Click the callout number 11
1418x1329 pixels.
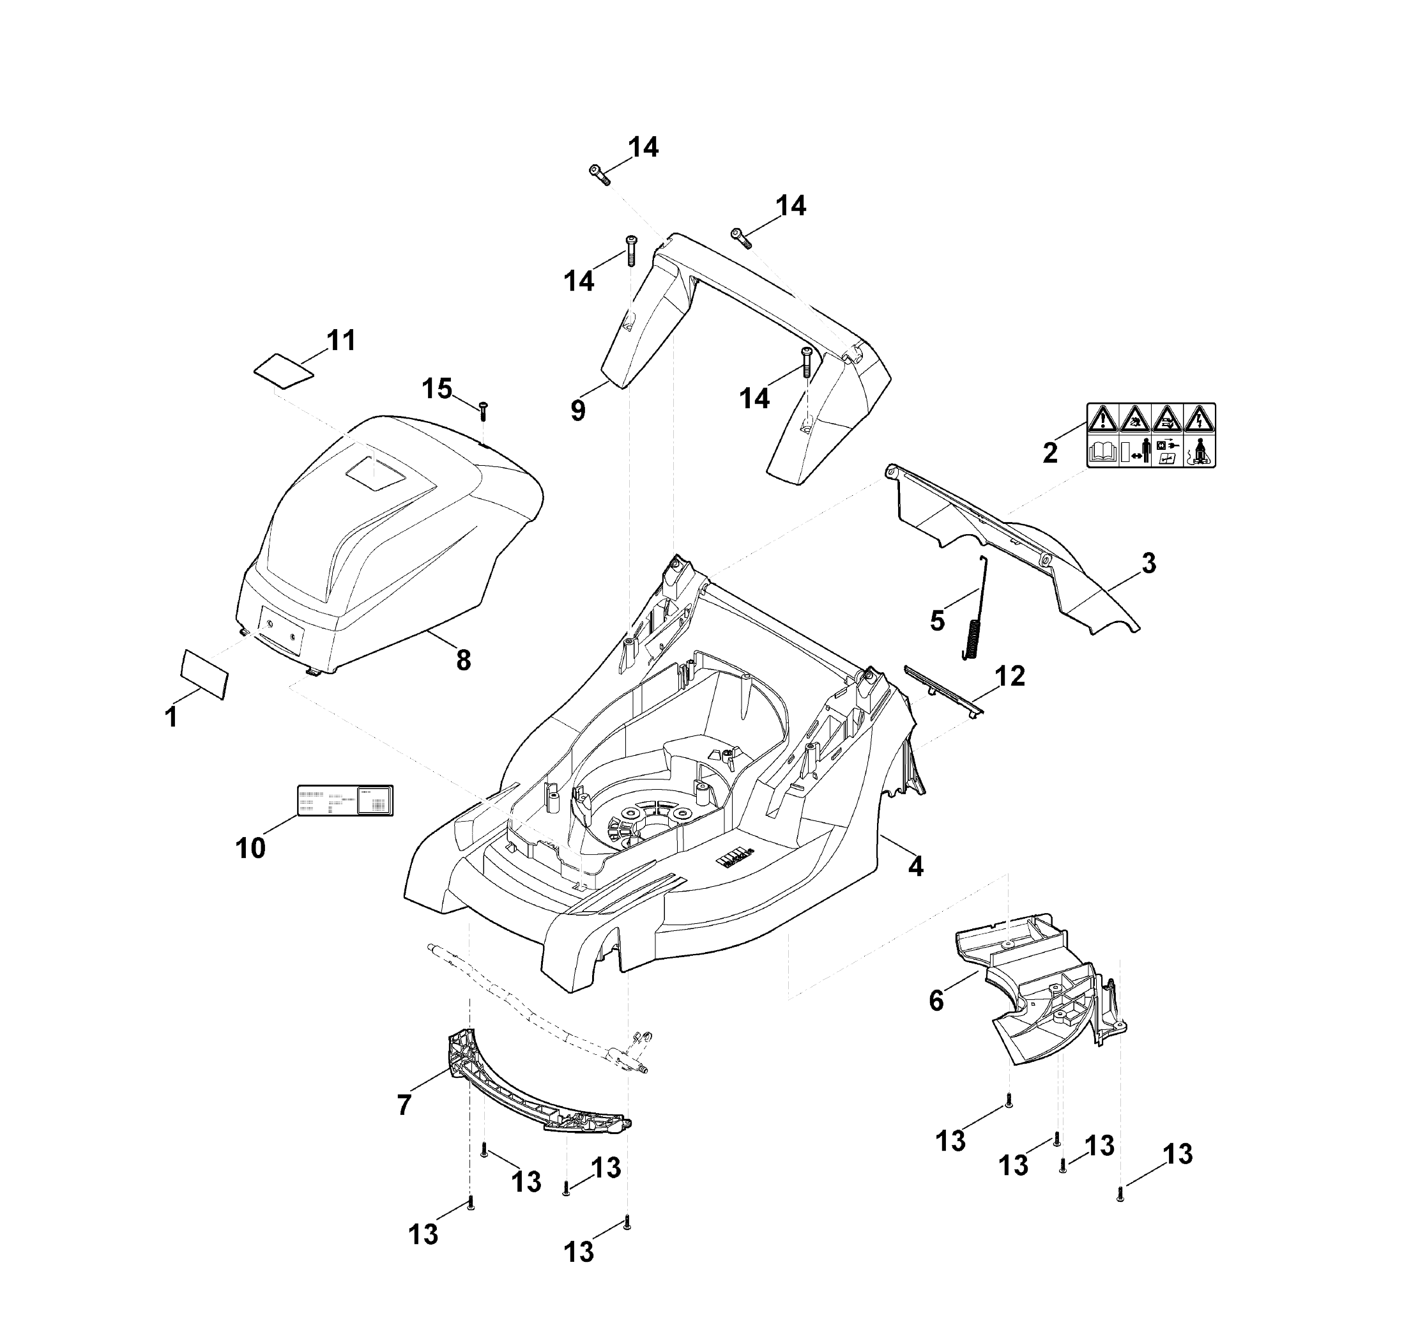(340, 341)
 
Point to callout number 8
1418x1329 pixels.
(464, 661)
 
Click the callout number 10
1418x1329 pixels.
(250, 848)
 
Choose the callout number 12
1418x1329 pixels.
(1009, 675)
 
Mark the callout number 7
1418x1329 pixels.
(404, 1105)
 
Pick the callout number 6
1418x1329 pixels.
(936, 1001)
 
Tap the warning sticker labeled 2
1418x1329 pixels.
(1150, 435)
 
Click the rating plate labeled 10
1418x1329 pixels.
(344, 801)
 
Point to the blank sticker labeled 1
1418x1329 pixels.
(204, 672)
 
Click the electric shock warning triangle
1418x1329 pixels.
(1199, 418)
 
